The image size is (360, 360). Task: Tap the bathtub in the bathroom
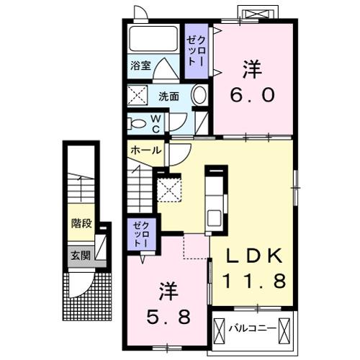click(153, 40)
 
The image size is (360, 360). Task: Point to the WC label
click(156, 123)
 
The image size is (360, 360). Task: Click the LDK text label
click(251, 256)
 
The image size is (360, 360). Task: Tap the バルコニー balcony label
click(252, 330)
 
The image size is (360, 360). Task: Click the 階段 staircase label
click(81, 224)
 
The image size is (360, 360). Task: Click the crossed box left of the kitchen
click(171, 190)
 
